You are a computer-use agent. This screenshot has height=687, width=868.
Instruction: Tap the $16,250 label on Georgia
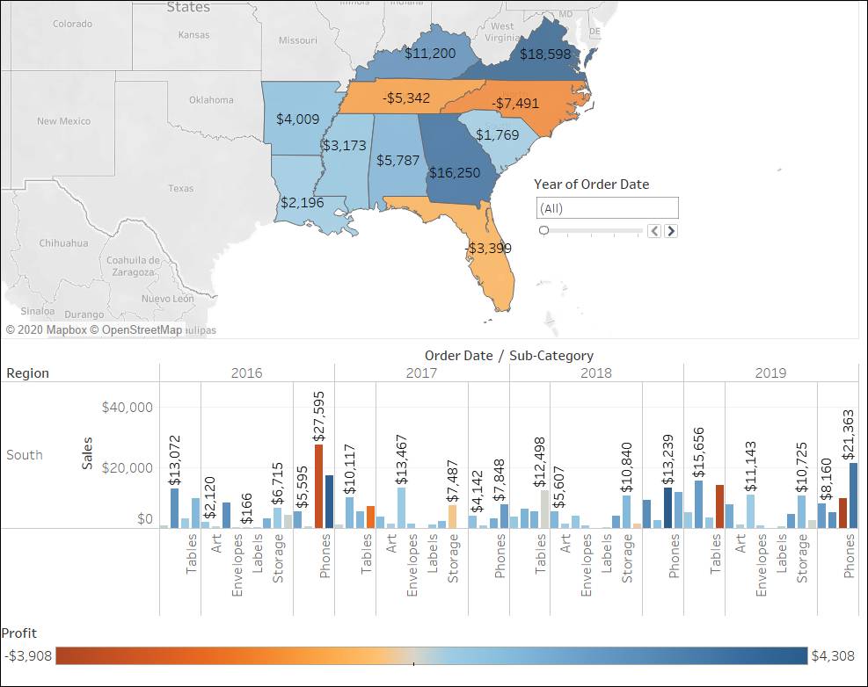coord(454,172)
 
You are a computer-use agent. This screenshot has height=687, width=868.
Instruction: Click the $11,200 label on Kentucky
coord(429,54)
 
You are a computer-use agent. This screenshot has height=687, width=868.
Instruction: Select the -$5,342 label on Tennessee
coord(405,98)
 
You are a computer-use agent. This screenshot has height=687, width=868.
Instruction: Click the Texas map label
coord(180,188)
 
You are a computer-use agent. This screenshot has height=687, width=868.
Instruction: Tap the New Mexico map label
coord(63,121)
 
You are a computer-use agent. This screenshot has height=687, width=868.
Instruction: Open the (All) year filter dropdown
coord(607,208)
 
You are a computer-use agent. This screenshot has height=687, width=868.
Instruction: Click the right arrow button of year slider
coord(671,231)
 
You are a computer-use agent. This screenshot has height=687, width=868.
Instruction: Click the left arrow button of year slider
coord(653,231)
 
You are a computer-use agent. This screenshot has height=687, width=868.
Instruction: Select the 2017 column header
coord(421,372)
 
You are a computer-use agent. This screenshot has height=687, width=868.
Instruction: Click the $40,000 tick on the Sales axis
coord(128,407)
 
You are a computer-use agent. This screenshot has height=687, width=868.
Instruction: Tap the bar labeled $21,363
coord(853,495)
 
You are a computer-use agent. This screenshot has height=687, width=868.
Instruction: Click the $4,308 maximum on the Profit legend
coord(832,655)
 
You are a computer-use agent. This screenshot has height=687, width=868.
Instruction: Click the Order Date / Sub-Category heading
coord(508,356)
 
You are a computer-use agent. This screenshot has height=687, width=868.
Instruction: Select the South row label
coord(25,455)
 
